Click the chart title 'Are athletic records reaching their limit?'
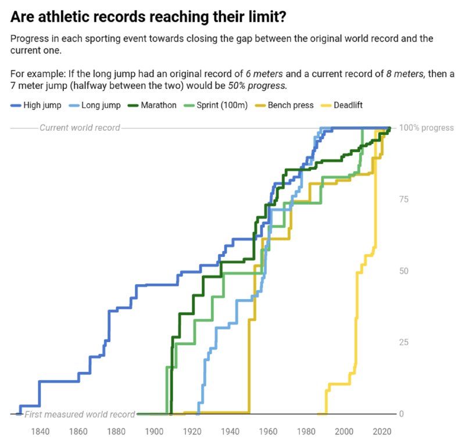coord(148,17)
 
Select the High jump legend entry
coord(37,106)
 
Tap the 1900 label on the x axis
coord(154,431)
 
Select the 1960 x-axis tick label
coord(268,431)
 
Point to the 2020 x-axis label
coord(382,431)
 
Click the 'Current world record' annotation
coord(80,128)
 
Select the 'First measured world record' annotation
coord(80,414)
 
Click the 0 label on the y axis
coord(402,414)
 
